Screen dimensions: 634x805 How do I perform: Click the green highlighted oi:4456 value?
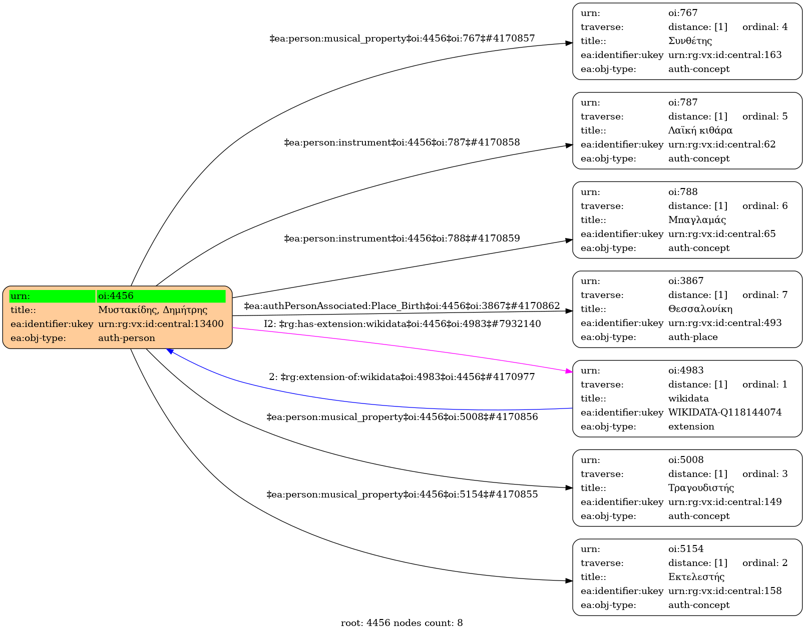click(161, 296)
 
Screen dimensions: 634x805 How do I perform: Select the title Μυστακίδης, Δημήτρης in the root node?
click(153, 310)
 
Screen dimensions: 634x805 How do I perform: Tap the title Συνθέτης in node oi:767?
click(690, 41)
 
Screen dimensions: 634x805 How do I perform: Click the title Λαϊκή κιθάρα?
click(700, 130)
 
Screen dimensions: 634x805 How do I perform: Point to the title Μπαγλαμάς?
click(697, 220)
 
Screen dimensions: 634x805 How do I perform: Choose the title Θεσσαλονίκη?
click(700, 309)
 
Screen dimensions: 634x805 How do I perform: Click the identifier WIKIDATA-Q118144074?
click(724, 412)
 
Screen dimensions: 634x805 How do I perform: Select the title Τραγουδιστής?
click(701, 488)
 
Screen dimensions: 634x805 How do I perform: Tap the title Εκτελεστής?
click(696, 577)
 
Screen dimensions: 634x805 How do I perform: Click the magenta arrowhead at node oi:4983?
click(569, 371)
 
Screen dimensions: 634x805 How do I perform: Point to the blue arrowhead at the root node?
click(171, 352)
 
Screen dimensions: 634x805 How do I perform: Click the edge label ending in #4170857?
click(402, 38)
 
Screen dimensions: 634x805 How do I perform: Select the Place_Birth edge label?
click(401, 306)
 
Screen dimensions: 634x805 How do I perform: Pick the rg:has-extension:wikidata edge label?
click(402, 324)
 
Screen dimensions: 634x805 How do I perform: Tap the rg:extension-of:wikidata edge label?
click(401, 377)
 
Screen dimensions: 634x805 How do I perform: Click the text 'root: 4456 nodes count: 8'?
click(401, 623)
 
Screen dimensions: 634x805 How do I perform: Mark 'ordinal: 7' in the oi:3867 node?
click(764, 295)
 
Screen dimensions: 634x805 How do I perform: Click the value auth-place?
click(693, 337)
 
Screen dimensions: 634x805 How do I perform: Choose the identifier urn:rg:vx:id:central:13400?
click(161, 324)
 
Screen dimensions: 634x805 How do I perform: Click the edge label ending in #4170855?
click(402, 494)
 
